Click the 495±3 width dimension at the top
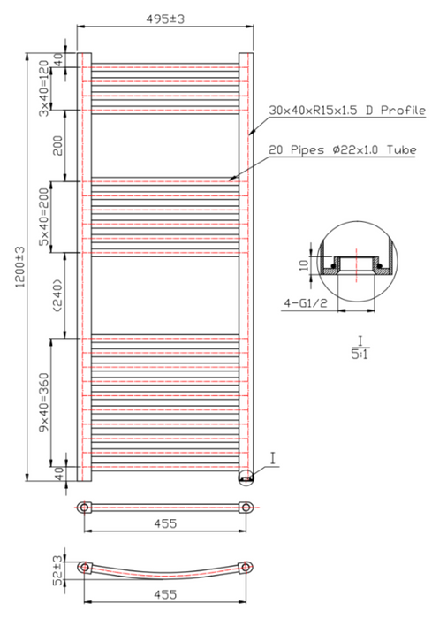(165, 19)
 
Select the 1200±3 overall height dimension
(19, 267)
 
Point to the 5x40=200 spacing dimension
(44, 217)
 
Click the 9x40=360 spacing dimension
(44, 401)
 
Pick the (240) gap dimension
(57, 295)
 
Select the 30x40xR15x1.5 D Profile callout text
(347, 111)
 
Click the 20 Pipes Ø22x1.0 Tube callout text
(343, 150)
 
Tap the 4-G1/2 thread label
(306, 303)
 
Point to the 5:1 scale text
(360, 354)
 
